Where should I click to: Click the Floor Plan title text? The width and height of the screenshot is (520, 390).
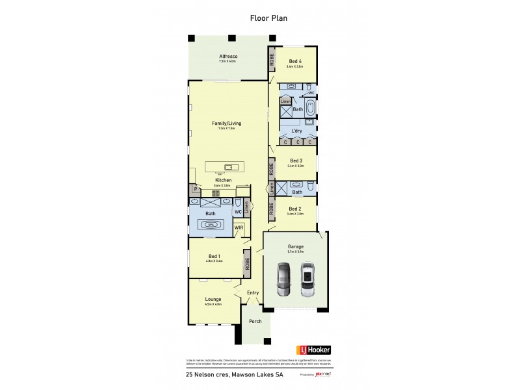tap(268, 18)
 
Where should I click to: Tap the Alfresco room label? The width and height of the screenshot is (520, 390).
tap(227, 57)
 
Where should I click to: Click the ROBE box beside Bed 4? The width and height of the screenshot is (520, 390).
tap(272, 60)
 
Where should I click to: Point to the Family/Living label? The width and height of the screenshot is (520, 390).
tap(227, 122)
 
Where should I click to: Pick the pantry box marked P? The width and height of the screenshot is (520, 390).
tap(194, 189)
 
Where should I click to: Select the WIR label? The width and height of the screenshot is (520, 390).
tap(239, 228)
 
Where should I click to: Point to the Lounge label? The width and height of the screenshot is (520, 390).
tap(213, 299)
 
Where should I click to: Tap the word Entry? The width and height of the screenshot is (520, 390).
tap(253, 292)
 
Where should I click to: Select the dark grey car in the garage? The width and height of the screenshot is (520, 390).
tap(283, 278)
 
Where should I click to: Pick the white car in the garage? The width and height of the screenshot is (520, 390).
tap(307, 278)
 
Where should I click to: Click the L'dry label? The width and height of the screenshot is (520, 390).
tap(296, 130)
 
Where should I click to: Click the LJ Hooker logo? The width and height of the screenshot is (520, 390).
tap(311, 350)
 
